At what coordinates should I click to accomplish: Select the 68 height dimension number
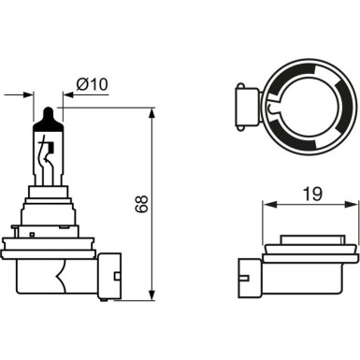(x=141, y=205)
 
